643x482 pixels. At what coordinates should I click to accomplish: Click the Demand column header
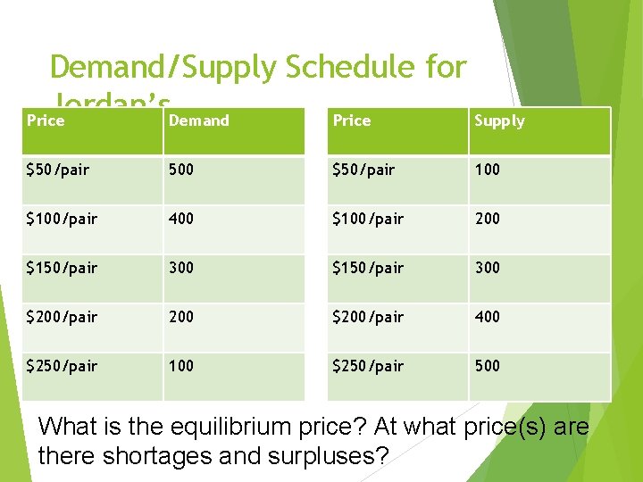pyautogui.click(x=198, y=120)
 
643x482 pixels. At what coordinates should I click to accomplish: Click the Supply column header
pyautogui.click(x=499, y=120)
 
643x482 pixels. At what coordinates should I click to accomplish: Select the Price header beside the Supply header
pyautogui.click(x=351, y=120)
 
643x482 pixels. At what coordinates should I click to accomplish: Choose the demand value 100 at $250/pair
pyautogui.click(x=180, y=366)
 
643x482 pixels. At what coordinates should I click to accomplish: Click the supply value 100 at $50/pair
pyautogui.click(x=488, y=170)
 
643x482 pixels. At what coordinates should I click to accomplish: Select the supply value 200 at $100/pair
pyautogui.click(x=488, y=219)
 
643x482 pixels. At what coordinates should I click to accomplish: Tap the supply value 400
pyautogui.click(x=488, y=317)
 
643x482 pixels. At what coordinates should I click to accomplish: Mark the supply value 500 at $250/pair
pyautogui.click(x=488, y=366)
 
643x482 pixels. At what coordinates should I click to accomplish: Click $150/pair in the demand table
pyautogui.click(x=62, y=268)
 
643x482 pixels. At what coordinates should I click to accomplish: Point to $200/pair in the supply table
pyautogui.click(x=367, y=317)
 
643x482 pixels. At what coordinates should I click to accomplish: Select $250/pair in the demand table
pyautogui.click(x=62, y=366)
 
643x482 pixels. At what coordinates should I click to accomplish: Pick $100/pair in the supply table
pyautogui.click(x=367, y=219)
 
